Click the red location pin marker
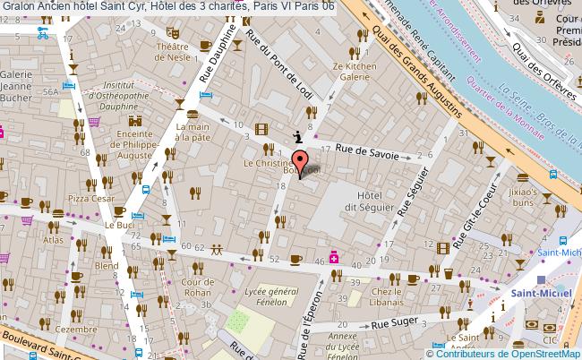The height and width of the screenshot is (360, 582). click(x=300, y=163)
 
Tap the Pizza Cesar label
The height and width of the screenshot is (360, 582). click(x=89, y=197)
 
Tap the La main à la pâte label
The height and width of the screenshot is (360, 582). click(x=193, y=132)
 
